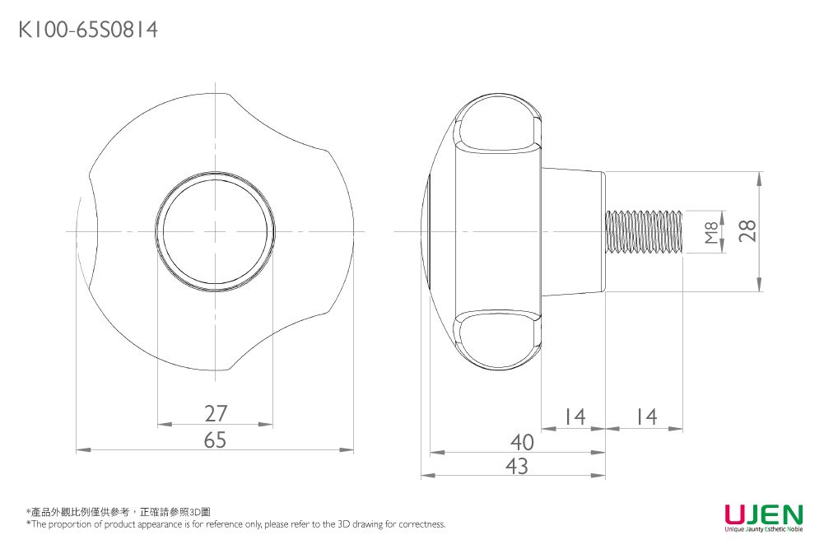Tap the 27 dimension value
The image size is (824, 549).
point(215,413)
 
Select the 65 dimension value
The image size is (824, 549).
point(215,440)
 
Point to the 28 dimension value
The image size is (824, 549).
point(747,231)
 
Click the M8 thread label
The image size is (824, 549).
point(711,231)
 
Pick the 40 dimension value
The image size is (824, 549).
point(521,442)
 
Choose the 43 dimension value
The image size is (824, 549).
point(516,466)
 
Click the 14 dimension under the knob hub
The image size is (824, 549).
point(574,418)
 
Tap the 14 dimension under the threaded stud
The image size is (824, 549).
point(646,418)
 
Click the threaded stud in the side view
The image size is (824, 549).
point(645,231)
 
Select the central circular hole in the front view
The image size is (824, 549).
point(216,232)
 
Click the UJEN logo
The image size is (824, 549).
point(763,514)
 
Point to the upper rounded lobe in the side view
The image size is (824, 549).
point(496,128)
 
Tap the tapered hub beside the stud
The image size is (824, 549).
point(573,231)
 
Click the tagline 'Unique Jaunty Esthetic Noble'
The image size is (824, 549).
point(763,529)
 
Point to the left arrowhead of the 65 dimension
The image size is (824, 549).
point(80,450)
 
